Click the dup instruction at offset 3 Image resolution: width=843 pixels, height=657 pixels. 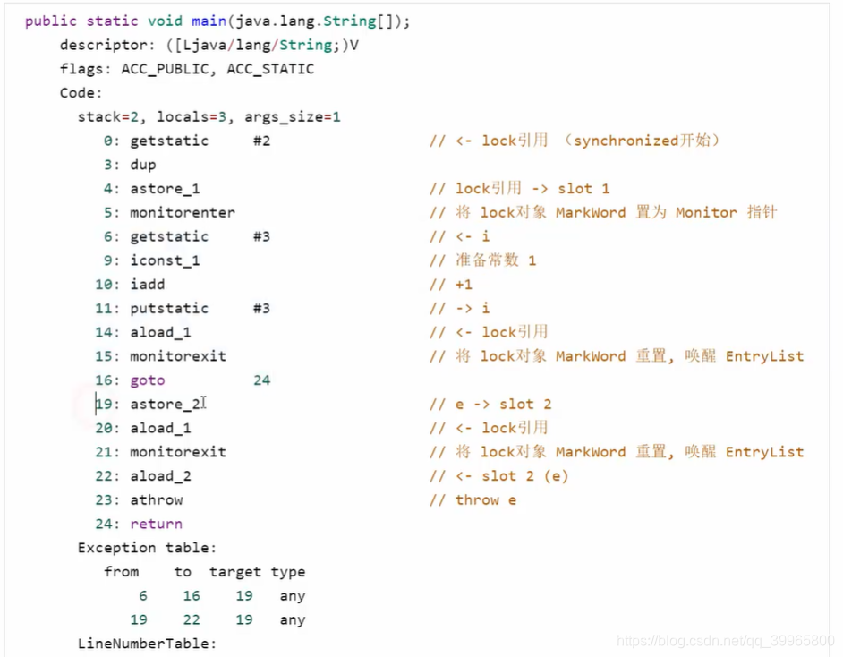pyautogui.click(x=143, y=165)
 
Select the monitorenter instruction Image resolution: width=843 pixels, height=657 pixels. pyautogui.click(x=183, y=213)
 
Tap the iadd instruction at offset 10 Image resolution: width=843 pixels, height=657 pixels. pyautogui.click(x=148, y=285)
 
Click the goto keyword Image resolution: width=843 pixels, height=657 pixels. pyautogui.click(x=148, y=380)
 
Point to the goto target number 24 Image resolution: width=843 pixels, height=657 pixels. pyautogui.click(x=261, y=380)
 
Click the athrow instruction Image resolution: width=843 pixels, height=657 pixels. pyautogui.click(x=157, y=500)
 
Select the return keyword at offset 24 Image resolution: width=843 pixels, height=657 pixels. pyautogui.click(x=157, y=525)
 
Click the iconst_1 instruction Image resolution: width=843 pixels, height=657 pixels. pyautogui.click(x=166, y=260)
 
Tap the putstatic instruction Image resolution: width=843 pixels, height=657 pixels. pyautogui.click(x=169, y=309)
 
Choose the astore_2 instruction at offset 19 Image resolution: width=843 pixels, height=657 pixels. pyautogui.click(x=166, y=405)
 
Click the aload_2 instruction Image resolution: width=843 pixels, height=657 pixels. pyautogui.click(x=161, y=476)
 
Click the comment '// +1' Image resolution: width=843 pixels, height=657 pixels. pyautogui.click(x=450, y=285)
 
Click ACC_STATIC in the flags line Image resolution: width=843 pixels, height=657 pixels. pyautogui.click(x=270, y=69)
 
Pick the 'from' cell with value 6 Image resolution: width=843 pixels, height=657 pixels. pyautogui.click(x=143, y=596)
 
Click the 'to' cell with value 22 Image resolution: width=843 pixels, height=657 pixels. pyautogui.click(x=192, y=620)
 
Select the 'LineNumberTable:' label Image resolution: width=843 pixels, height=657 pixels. pyautogui.click(x=148, y=644)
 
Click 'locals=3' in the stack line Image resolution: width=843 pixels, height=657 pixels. pyautogui.click(x=196, y=117)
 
